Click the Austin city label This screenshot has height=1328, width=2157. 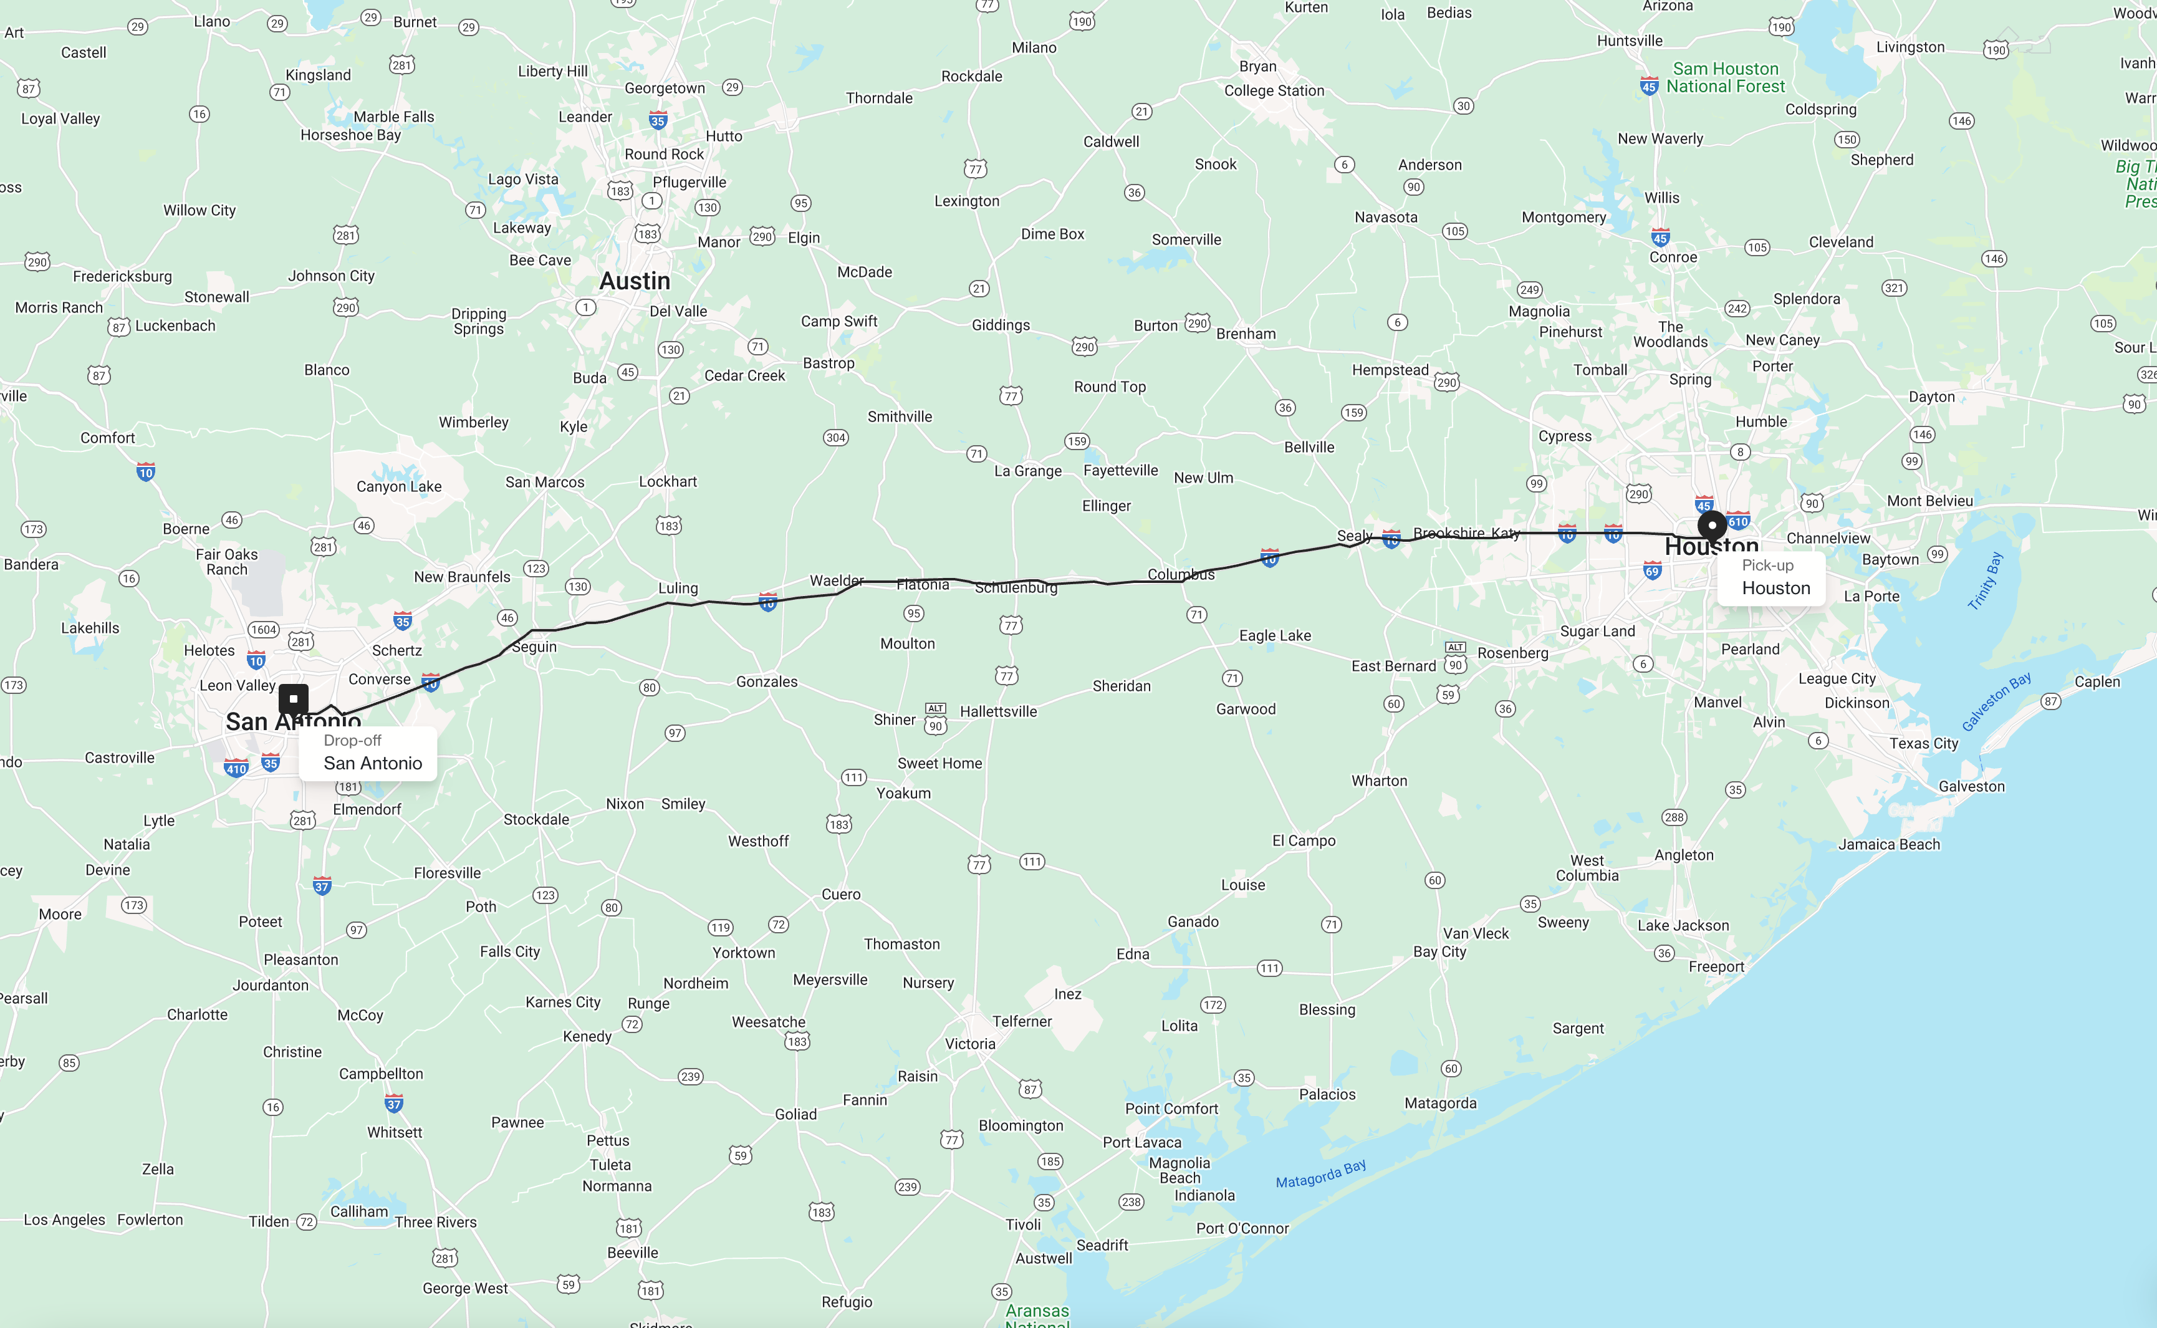(634, 281)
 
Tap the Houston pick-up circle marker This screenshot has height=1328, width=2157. (1712, 525)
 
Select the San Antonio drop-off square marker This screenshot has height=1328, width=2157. (294, 699)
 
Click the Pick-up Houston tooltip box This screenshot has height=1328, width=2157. (1770, 578)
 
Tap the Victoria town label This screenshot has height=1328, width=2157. (969, 1044)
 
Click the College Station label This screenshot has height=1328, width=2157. (1274, 90)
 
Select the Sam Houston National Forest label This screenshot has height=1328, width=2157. (1725, 77)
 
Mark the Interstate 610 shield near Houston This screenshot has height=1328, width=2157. (1738, 521)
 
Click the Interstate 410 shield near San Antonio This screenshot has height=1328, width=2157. (236, 769)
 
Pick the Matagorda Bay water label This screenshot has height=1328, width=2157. (1320, 1174)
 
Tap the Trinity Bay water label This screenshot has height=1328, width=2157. (1985, 580)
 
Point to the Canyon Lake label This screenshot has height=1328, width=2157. (399, 486)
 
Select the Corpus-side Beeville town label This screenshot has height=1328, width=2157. (632, 1253)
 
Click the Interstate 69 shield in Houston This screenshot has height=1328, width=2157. (1652, 572)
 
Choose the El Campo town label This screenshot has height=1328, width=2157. (1304, 840)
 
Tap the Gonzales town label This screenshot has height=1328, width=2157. (767, 681)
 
